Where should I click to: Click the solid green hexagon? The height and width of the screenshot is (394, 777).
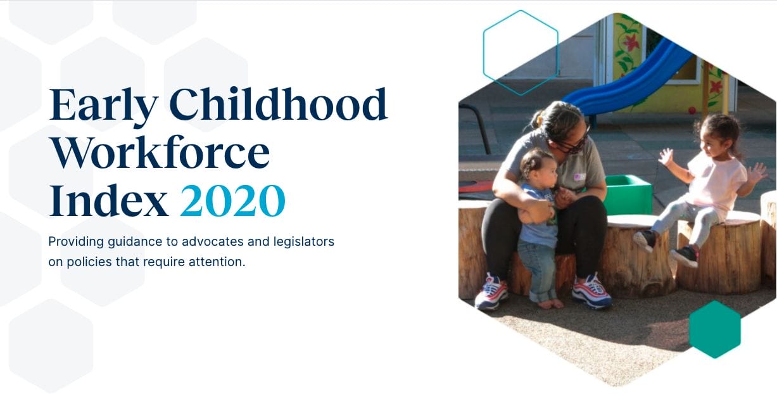[x=714, y=329]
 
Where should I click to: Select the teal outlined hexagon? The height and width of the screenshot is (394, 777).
[x=521, y=53]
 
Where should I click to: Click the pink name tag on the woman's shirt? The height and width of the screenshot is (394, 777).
[x=579, y=177]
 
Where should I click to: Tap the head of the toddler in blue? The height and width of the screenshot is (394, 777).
[x=538, y=164]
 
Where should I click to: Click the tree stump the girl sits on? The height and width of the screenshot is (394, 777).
[x=718, y=253]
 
